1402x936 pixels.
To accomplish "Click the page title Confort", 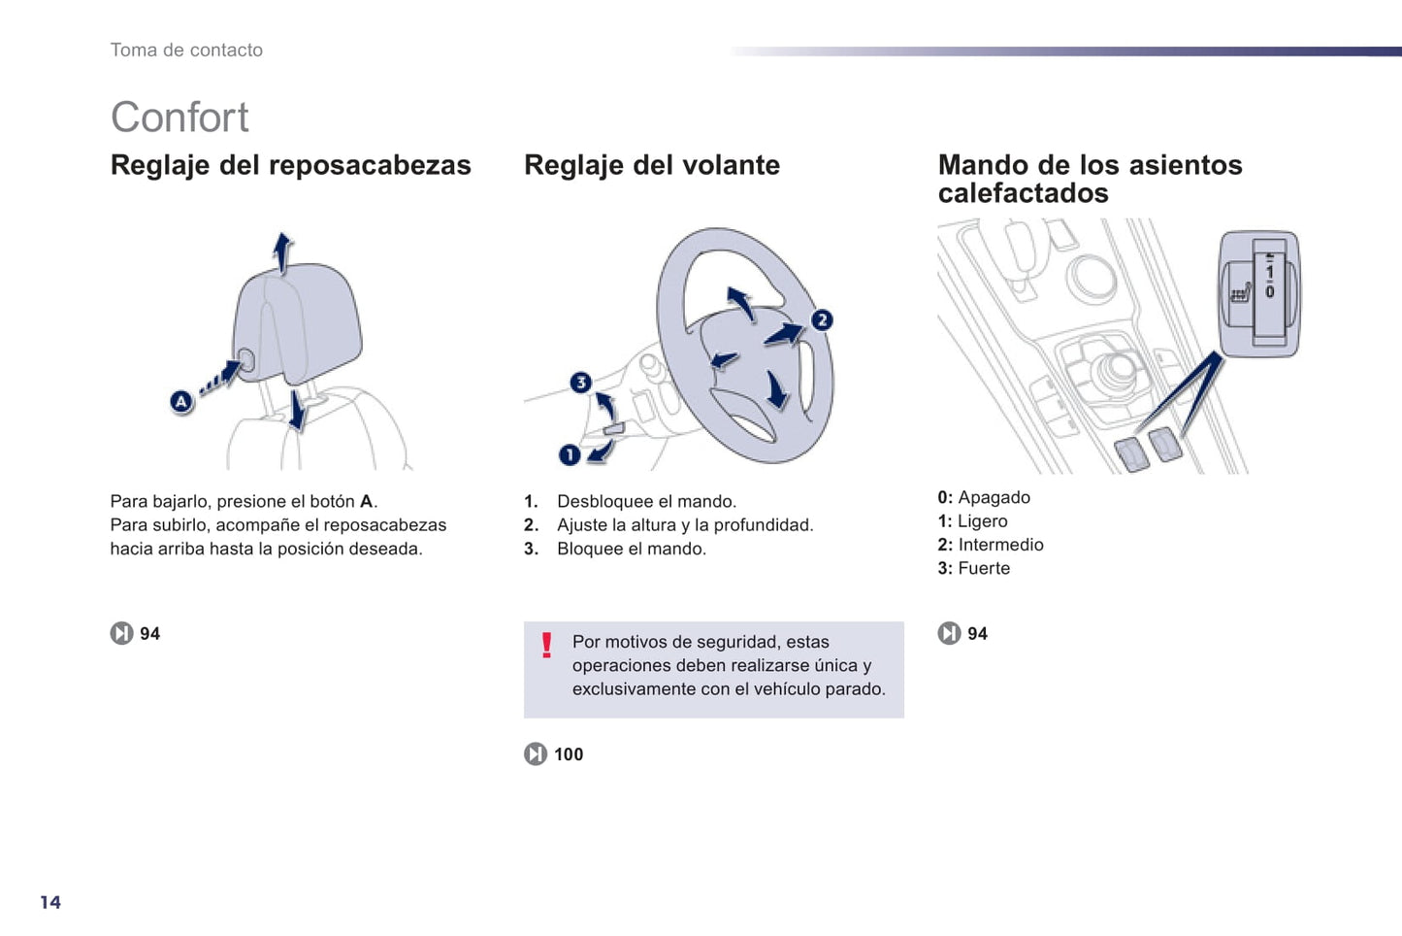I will click(x=179, y=117).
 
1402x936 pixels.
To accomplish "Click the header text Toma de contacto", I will click(x=186, y=50).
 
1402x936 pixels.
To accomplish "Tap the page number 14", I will click(x=50, y=902).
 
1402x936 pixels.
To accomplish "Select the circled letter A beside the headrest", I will click(x=181, y=401).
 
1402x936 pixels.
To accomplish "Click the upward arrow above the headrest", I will click(x=282, y=251).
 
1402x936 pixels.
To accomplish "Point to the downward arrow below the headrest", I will click(x=298, y=412).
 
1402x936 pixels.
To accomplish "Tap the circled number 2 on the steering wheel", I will click(x=822, y=319).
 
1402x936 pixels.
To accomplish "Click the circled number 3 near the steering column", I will click(x=580, y=383).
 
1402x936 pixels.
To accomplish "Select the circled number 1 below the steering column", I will click(x=570, y=454).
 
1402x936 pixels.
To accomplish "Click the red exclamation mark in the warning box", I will click(x=547, y=646).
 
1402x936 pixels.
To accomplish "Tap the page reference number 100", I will click(x=569, y=754).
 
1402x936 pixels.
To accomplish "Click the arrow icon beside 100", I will click(x=536, y=754).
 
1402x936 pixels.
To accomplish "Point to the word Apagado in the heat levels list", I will click(x=994, y=497).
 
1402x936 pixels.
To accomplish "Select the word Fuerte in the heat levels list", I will click(x=984, y=568).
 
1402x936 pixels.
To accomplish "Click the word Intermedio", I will click(x=1000, y=545).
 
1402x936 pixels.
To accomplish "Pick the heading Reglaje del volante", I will click(x=651, y=165).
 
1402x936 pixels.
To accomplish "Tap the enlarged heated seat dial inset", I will click(x=1258, y=293).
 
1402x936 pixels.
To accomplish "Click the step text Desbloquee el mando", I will click(x=646, y=501).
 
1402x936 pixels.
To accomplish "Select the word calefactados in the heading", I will click(x=1023, y=193).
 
